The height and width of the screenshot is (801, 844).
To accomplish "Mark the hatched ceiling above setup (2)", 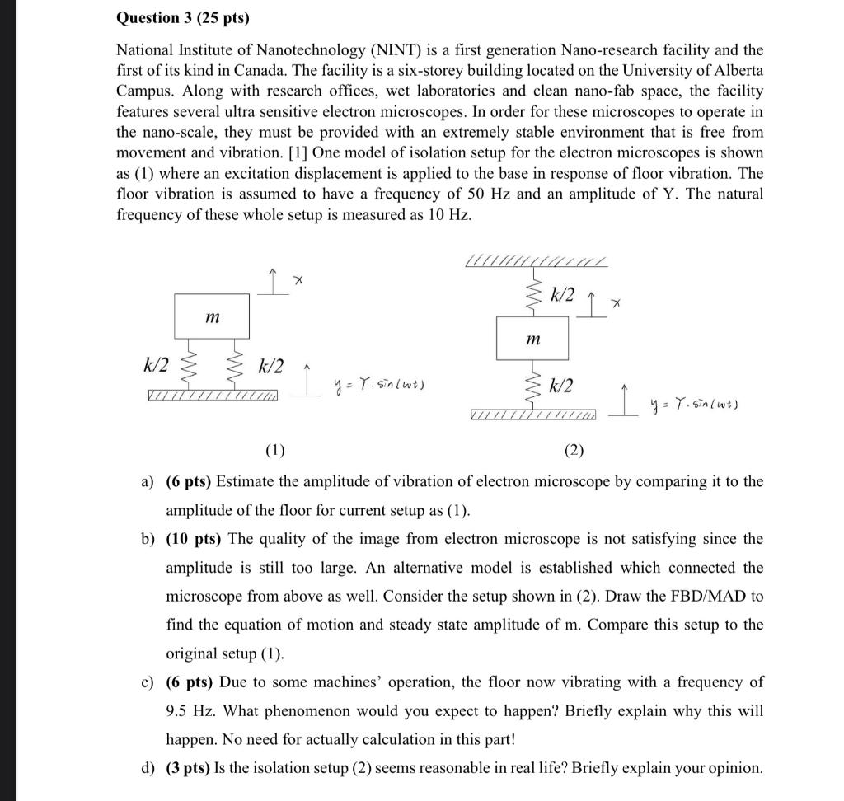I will pyautogui.click(x=536, y=262).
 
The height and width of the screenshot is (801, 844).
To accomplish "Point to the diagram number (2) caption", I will pyautogui.click(x=574, y=450).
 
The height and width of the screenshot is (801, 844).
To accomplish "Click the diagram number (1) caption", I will pyautogui.click(x=274, y=450).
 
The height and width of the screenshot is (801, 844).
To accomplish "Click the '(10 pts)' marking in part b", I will pyautogui.click(x=195, y=539).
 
